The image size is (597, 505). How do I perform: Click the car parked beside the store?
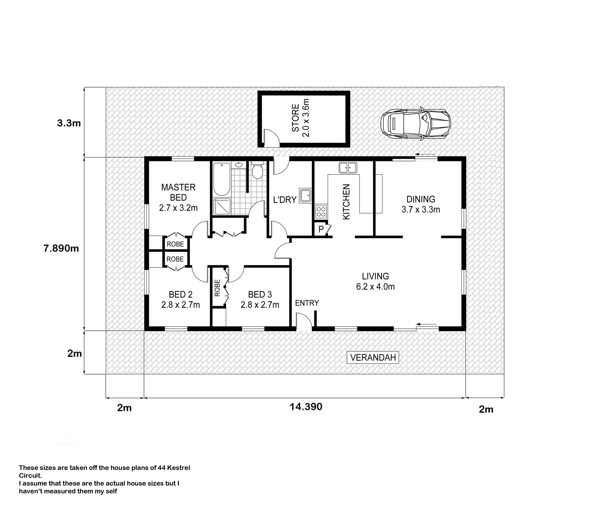click(416, 124)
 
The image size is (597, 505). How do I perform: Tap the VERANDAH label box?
click(373, 358)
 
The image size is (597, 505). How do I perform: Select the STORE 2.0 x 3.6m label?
click(301, 118)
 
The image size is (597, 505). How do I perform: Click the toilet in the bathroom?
click(257, 170)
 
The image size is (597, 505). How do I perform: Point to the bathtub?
click(222, 179)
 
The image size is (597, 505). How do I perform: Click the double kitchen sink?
click(348, 168)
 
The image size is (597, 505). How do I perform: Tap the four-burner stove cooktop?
click(321, 212)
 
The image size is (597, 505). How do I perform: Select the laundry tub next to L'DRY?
click(305, 196)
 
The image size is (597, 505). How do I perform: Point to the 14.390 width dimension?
click(306, 407)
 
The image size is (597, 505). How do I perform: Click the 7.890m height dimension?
click(61, 248)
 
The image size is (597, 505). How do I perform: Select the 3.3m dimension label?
click(69, 123)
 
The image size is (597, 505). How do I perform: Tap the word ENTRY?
click(307, 303)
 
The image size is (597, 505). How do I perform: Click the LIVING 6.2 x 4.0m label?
click(375, 281)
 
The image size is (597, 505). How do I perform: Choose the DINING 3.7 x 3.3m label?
click(421, 204)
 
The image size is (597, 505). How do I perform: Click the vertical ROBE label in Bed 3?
click(217, 287)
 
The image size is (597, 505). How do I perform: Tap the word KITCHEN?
click(346, 202)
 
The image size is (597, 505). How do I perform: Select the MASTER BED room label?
click(178, 192)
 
